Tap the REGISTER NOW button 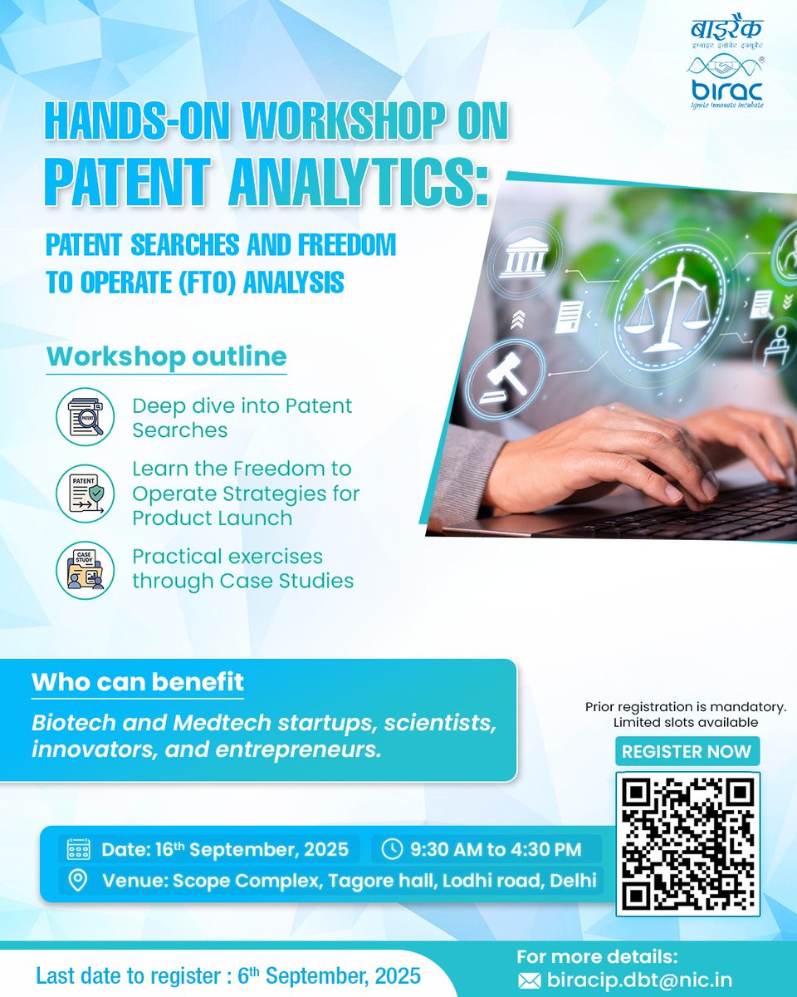(x=687, y=752)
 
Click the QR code (x=687, y=842)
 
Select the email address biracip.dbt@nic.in (x=639, y=980)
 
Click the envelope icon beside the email (x=529, y=980)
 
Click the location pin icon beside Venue (x=78, y=881)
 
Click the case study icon (x=85, y=568)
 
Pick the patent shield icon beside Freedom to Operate (x=85, y=493)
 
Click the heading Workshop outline (x=166, y=356)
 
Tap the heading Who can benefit (x=138, y=683)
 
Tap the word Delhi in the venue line (x=574, y=881)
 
